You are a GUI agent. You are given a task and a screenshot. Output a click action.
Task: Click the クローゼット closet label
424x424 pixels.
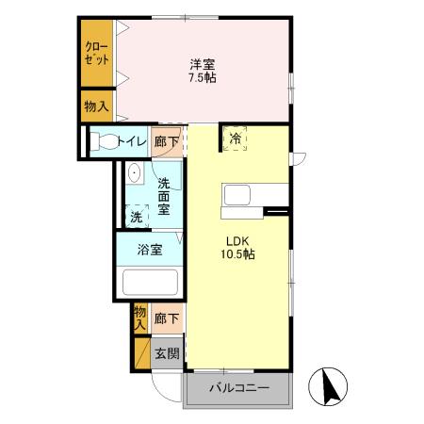[96, 53]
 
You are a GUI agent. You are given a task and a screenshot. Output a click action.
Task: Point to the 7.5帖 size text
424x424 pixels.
[203, 78]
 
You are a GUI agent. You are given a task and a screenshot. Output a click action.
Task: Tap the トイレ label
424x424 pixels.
[133, 141]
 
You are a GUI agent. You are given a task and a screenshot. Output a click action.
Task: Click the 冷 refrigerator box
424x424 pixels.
[235, 139]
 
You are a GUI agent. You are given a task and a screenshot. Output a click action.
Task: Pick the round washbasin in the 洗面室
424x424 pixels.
[134, 172]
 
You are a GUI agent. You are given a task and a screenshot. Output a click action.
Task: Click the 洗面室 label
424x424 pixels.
[164, 197]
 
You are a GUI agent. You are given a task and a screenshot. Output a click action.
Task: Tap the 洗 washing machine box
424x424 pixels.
[137, 216]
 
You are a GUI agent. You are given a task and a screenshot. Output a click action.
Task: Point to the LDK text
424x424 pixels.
[236, 238]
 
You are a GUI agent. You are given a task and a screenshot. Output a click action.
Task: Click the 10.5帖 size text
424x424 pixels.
[236, 253]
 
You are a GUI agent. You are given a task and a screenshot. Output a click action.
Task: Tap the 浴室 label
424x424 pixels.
[150, 250]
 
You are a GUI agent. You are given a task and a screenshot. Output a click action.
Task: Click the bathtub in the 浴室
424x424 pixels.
[150, 284]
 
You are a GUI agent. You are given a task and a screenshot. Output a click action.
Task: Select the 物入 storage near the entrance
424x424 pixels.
[139, 317]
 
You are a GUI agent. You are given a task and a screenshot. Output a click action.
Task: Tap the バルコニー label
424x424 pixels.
[239, 388]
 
